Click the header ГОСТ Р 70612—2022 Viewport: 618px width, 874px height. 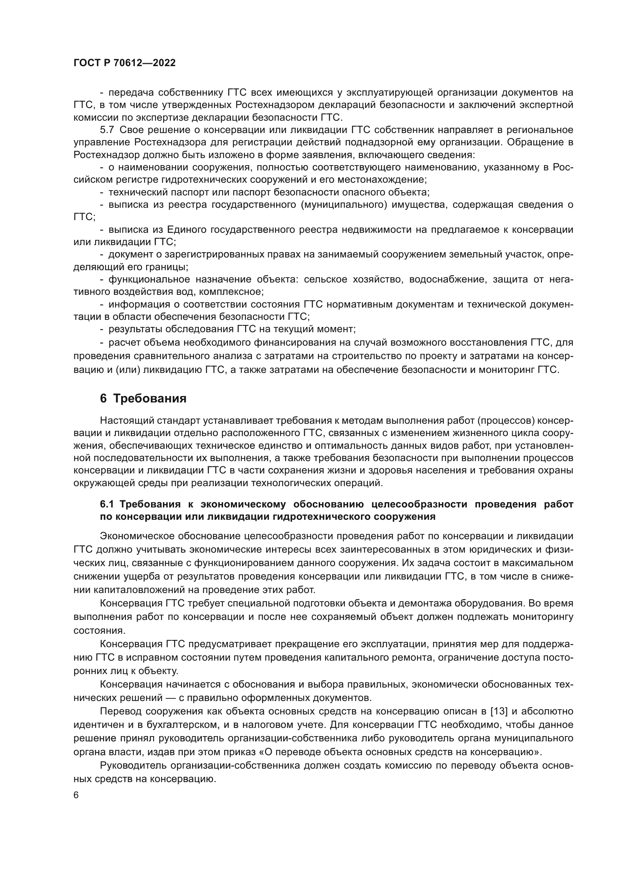click(x=124, y=63)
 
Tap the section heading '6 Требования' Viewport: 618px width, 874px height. click(x=143, y=399)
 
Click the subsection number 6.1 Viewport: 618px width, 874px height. click(x=108, y=504)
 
